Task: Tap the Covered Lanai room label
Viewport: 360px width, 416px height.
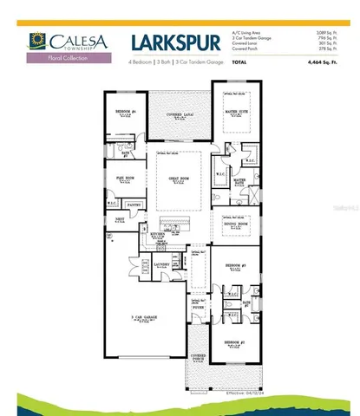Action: coord(177,114)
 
